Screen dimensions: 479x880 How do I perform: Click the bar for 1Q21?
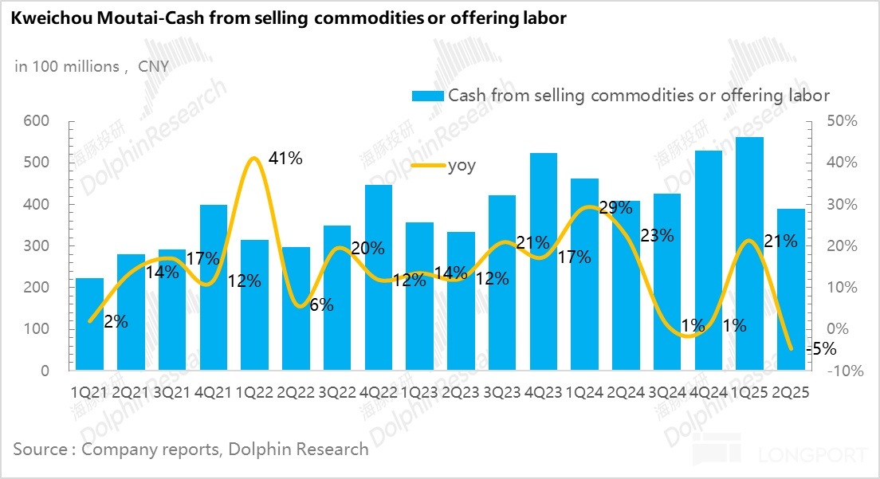[90, 324]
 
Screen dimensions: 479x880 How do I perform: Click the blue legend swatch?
[427, 96]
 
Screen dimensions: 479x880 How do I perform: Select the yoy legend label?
[462, 166]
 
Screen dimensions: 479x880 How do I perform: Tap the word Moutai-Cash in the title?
[132, 18]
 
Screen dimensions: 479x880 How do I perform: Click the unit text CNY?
[153, 66]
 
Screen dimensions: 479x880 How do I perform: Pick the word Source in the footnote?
[40, 450]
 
